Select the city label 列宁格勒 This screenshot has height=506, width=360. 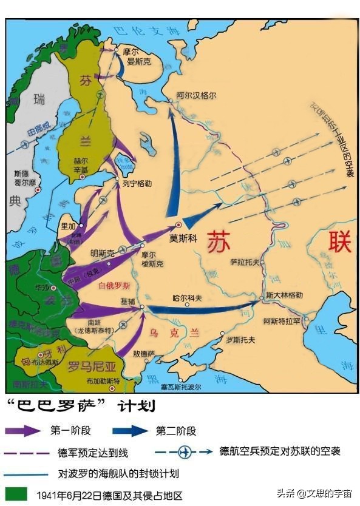point(134,180)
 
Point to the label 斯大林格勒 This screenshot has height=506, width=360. point(288,295)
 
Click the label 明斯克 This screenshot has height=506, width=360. point(101,252)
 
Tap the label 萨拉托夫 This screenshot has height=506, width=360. point(244,262)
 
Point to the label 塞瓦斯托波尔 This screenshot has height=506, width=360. point(181,386)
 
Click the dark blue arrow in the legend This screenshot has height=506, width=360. point(130,431)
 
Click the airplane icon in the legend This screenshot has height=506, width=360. point(185,451)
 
